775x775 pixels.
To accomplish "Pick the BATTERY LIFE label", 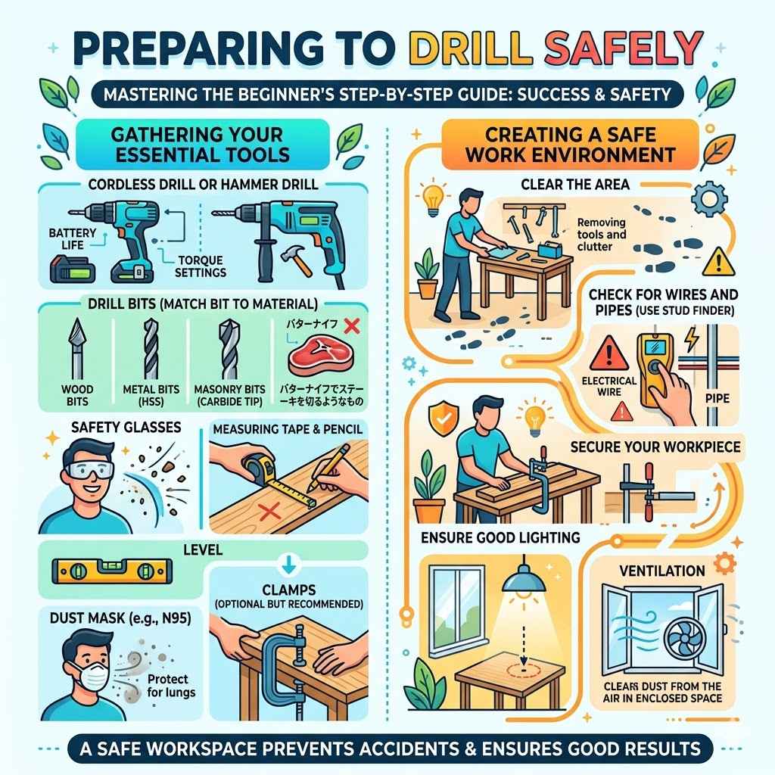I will [x=72, y=238].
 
